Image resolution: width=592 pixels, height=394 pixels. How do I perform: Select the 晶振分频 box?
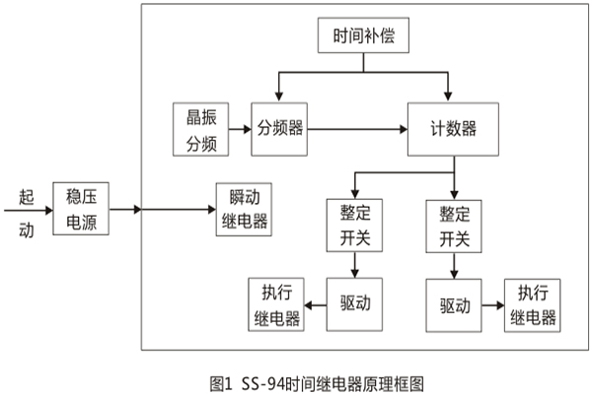pyautogui.click(x=200, y=128)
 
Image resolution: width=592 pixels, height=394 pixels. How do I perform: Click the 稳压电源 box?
pyautogui.click(x=82, y=208)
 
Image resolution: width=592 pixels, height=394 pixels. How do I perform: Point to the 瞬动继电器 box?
pyautogui.click(x=244, y=208)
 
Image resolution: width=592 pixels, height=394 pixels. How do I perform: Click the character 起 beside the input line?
pyautogui.click(x=26, y=196)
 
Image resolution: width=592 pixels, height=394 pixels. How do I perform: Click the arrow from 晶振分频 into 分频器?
pyautogui.click(x=239, y=128)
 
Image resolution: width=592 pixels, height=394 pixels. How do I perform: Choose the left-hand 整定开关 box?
pyautogui.click(x=354, y=225)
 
